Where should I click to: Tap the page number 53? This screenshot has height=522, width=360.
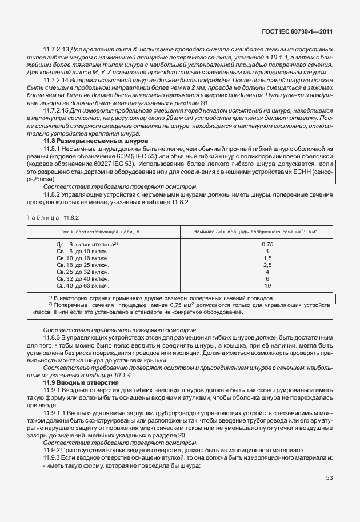coord(330,478)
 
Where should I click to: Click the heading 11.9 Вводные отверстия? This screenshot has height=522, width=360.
coord(81,382)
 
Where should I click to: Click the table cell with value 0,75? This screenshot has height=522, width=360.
coord(267,244)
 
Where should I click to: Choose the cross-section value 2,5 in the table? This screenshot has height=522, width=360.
coord(267,265)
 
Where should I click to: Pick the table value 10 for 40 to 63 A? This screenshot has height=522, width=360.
coord(267,285)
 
